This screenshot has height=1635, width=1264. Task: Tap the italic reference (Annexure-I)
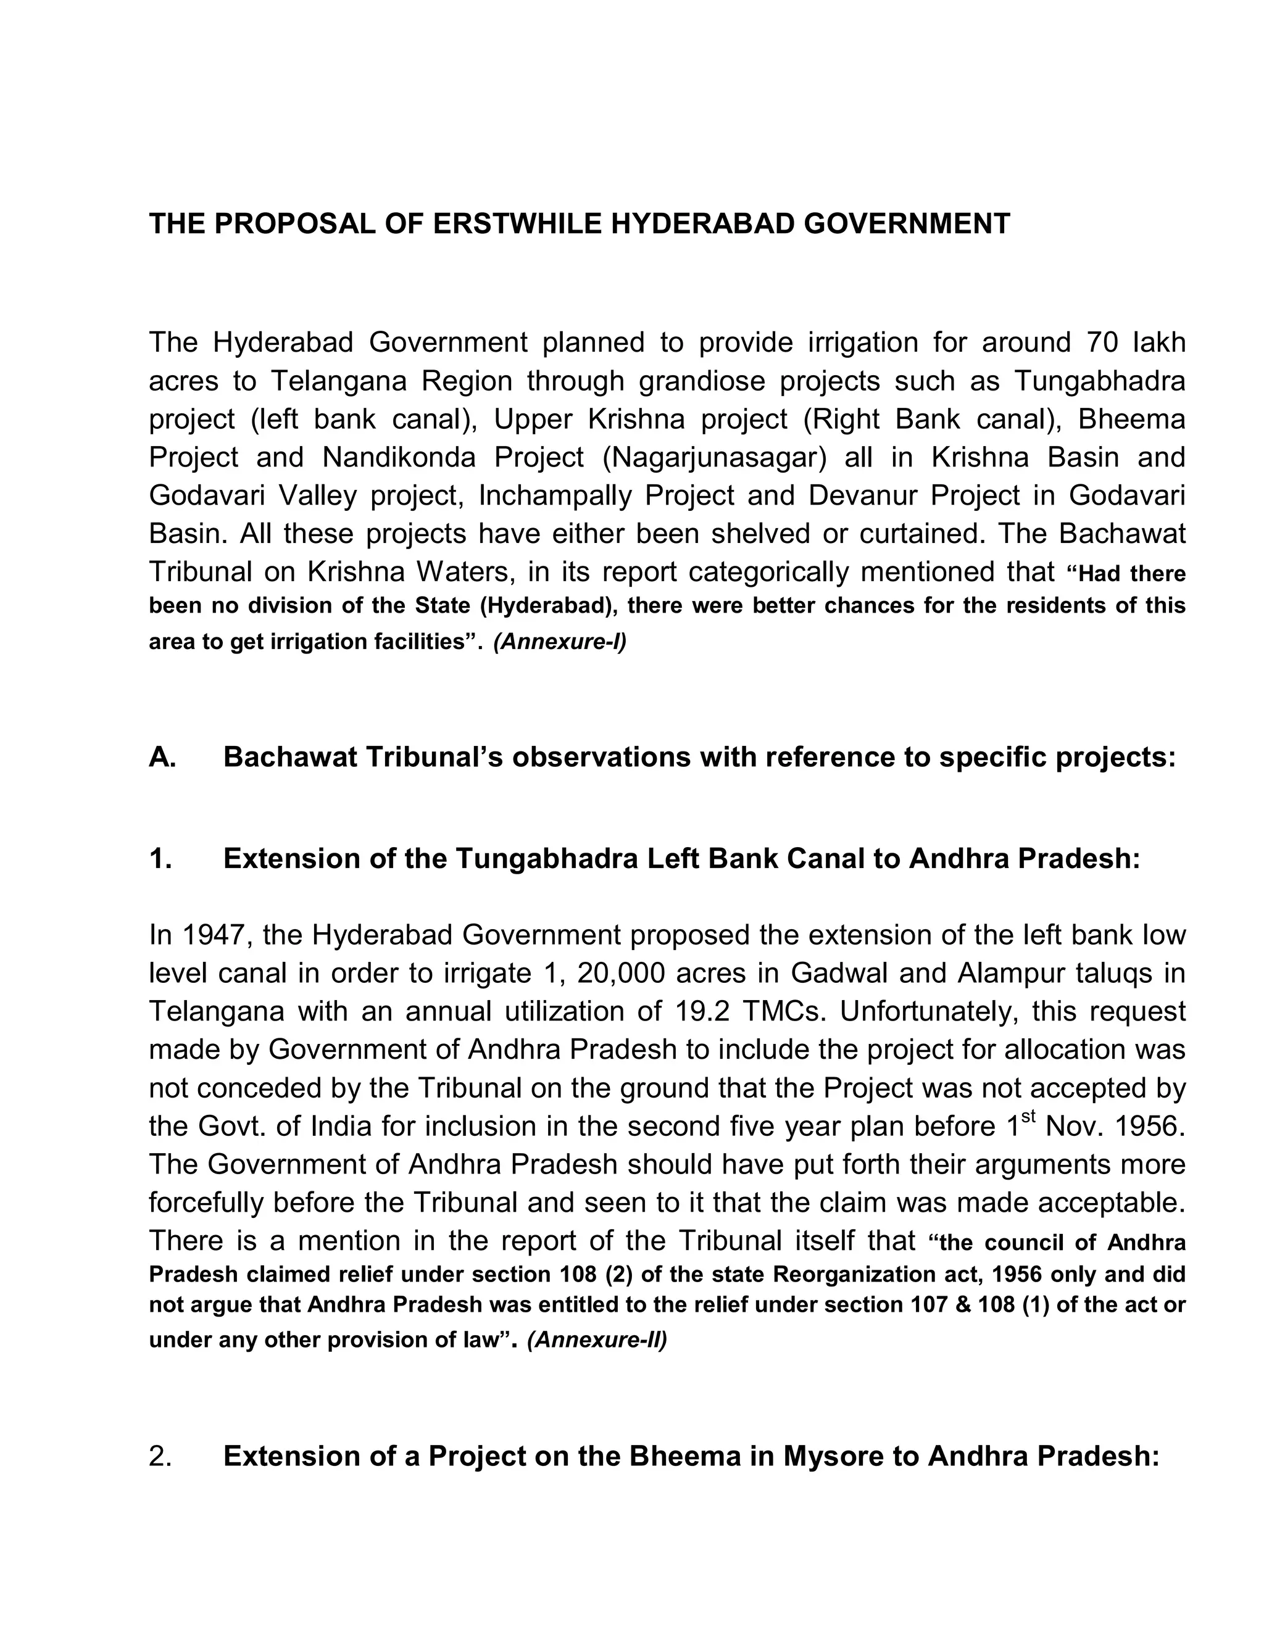(x=559, y=642)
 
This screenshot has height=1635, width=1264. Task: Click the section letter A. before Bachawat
(x=162, y=758)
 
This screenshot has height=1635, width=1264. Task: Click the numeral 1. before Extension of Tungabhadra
(x=160, y=859)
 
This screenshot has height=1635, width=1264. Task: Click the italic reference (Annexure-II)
(x=597, y=1339)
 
